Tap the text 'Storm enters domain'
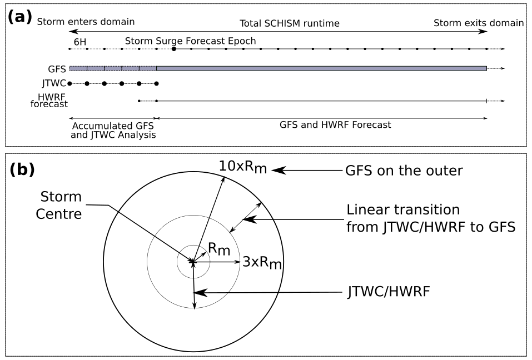(x=86, y=23)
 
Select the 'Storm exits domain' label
(x=479, y=23)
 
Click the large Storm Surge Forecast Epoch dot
(x=174, y=49)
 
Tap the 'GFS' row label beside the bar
(x=57, y=69)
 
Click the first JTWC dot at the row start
(x=69, y=83)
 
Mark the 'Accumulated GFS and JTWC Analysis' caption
(x=113, y=130)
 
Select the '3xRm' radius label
(x=262, y=262)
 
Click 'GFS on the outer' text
(x=404, y=171)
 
